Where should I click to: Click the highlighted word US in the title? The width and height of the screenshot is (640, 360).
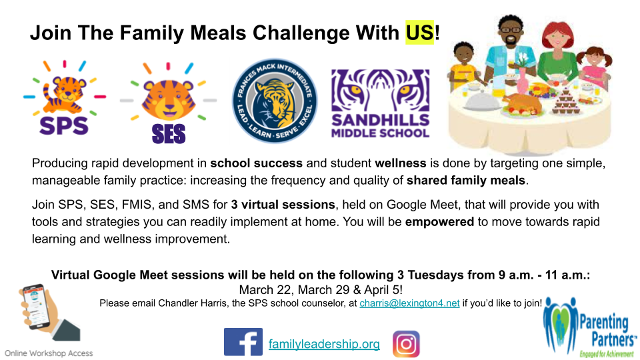[419, 33]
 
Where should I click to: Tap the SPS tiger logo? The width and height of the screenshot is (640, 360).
[65, 98]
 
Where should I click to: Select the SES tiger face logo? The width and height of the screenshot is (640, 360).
[168, 103]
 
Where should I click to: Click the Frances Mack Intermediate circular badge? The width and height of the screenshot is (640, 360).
[274, 101]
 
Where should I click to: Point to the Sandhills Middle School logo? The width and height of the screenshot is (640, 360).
[381, 103]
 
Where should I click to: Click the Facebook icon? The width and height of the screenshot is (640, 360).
[243, 342]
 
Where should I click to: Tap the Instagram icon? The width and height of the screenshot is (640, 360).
[406, 344]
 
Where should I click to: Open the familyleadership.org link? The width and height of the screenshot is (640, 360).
[324, 344]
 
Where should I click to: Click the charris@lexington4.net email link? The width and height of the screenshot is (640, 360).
[409, 303]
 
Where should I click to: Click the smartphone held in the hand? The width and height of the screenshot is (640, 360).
[37, 306]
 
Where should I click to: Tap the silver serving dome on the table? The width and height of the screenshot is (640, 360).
[482, 101]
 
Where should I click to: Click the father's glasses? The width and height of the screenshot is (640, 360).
[510, 30]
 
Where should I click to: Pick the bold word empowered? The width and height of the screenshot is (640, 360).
[439, 221]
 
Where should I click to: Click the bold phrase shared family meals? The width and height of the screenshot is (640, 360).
[466, 180]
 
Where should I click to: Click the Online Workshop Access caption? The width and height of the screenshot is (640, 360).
[49, 353]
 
